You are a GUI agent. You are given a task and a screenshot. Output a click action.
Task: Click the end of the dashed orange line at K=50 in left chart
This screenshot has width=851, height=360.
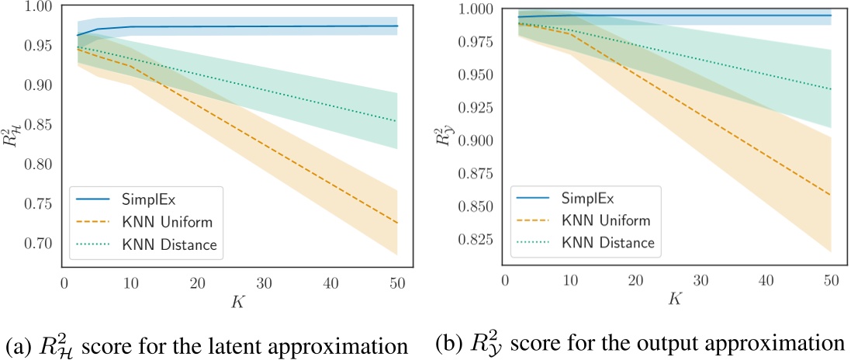coord(397,223)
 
